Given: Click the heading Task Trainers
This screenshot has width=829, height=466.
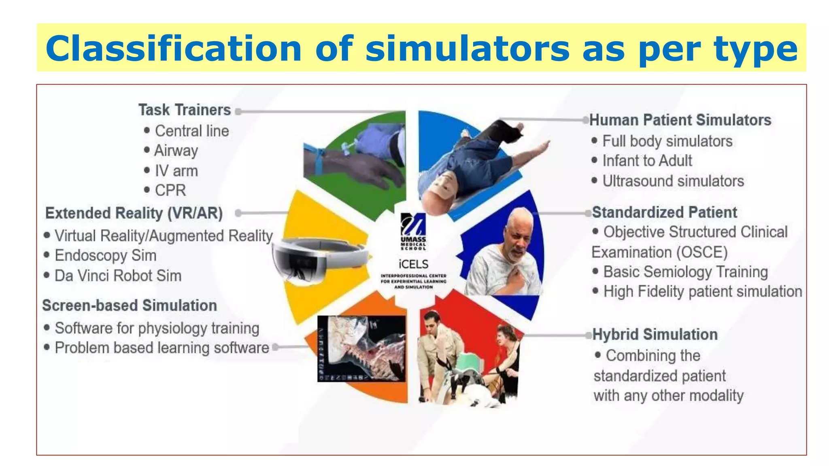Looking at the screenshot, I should [x=185, y=110].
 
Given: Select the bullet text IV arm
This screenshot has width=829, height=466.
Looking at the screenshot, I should [x=176, y=171].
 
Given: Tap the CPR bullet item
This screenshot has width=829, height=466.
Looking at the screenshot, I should [x=170, y=190].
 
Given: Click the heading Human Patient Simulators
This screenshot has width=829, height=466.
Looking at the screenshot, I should [x=680, y=120].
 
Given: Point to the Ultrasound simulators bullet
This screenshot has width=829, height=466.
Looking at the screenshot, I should [x=673, y=181].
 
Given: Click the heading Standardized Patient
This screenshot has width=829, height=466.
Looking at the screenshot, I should [x=664, y=212].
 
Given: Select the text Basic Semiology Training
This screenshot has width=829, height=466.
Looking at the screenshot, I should [x=685, y=272].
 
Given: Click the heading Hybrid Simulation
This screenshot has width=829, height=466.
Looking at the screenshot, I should [x=655, y=335].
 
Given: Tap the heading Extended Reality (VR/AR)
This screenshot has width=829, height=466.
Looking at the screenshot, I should [x=134, y=213].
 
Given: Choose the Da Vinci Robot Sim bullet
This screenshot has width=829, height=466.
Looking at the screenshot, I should [x=118, y=276].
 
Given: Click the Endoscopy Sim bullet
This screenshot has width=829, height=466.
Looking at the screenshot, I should [x=105, y=256].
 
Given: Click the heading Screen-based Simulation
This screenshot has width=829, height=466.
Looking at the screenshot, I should [x=130, y=305].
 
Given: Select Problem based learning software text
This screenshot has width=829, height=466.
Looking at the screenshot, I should [x=162, y=348].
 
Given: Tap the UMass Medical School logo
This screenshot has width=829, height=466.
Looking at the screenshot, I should [x=413, y=231].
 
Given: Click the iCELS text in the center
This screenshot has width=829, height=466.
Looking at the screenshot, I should [x=413, y=264].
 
